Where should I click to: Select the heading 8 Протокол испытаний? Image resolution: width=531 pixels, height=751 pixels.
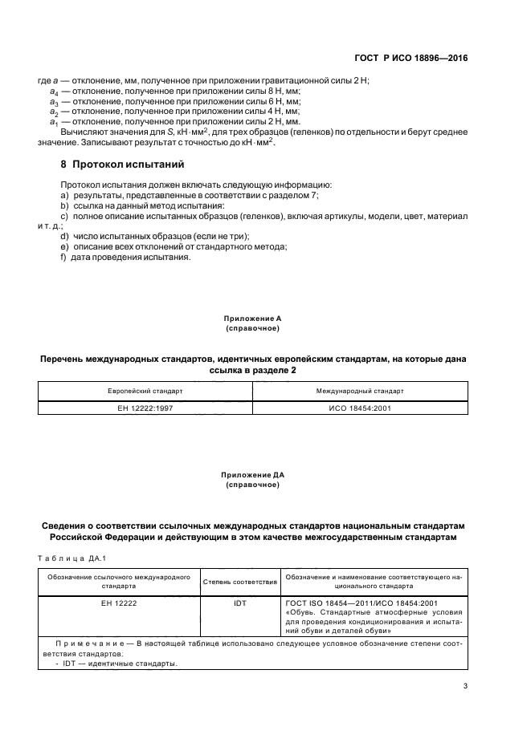tap(123, 164)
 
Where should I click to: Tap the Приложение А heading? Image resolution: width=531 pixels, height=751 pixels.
tap(252, 319)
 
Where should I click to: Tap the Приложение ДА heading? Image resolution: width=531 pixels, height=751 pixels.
tap(252, 475)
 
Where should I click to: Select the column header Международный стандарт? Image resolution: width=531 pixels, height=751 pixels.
tap(359, 391)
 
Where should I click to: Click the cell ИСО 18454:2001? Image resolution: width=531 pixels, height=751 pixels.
tap(359, 408)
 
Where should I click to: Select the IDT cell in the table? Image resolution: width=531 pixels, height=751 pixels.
tap(239, 603)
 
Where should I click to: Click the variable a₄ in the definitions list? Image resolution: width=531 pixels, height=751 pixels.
tap(54, 93)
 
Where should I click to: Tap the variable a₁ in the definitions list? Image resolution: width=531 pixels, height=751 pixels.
tap(54, 122)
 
